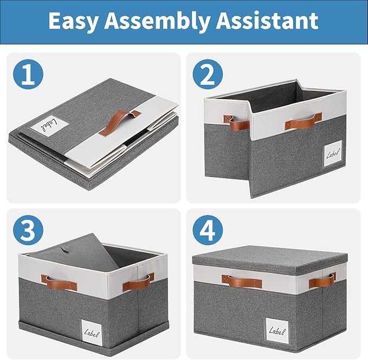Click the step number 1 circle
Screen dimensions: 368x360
tap(28, 74)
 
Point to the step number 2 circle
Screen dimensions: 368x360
tap(208, 74)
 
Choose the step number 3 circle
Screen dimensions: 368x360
tap(28, 230)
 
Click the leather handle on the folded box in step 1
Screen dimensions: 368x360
tap(119, 123)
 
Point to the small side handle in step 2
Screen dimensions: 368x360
tap(236, 122)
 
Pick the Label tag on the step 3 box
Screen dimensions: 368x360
tap(92, 332)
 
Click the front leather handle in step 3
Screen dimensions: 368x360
tap(60, 283)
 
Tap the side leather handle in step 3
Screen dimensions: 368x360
tap(138, 282)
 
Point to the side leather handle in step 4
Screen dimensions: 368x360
tap(322, 280)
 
